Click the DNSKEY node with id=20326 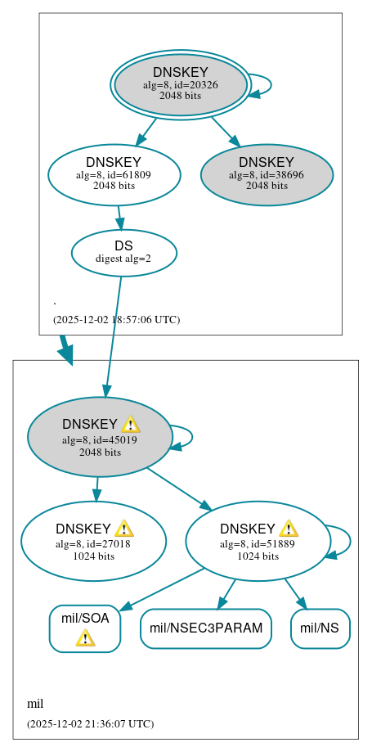(181, 85)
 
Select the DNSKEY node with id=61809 (114, 174)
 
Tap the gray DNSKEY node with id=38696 (267, 174)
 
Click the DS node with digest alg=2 (123, 252)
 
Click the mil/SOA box (85, 628)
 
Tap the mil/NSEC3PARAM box (206, 628)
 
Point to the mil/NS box (320, 628)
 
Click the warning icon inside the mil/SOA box (85, 638)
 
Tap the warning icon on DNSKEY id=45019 (130, 424)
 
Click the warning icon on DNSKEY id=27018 (123, 529)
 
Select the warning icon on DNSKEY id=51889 (288, 529)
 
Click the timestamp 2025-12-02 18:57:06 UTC (116, 319)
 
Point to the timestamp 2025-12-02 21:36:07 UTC (90, 723)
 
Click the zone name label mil (35, 704)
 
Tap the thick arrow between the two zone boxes (65, 349)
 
